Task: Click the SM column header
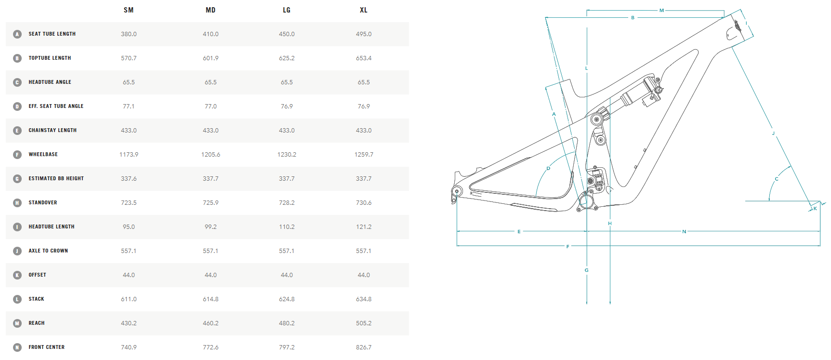pos(129,10)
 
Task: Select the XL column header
pos(364,10)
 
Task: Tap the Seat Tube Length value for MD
pos(211,34)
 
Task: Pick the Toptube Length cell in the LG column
pos(287,58)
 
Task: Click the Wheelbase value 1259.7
pos(364,155)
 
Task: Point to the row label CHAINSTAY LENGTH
pos(53,131)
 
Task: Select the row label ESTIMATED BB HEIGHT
pos(56,179)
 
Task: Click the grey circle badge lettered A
pos(17,34)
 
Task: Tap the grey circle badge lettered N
pos(17,347)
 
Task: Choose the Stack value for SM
pos(129,299)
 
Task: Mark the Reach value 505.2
pos(364,323)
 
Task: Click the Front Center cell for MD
pos(211,347)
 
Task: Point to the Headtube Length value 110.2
pos(287,227)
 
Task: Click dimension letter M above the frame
pos(661,11)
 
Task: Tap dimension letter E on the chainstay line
pos(519,232)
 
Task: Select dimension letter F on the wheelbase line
pos(567,247)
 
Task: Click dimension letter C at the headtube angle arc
pos(777,179)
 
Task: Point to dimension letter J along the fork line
pos(773,133)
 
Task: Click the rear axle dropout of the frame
pos(457,191)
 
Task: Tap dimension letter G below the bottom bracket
pos(587,270)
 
